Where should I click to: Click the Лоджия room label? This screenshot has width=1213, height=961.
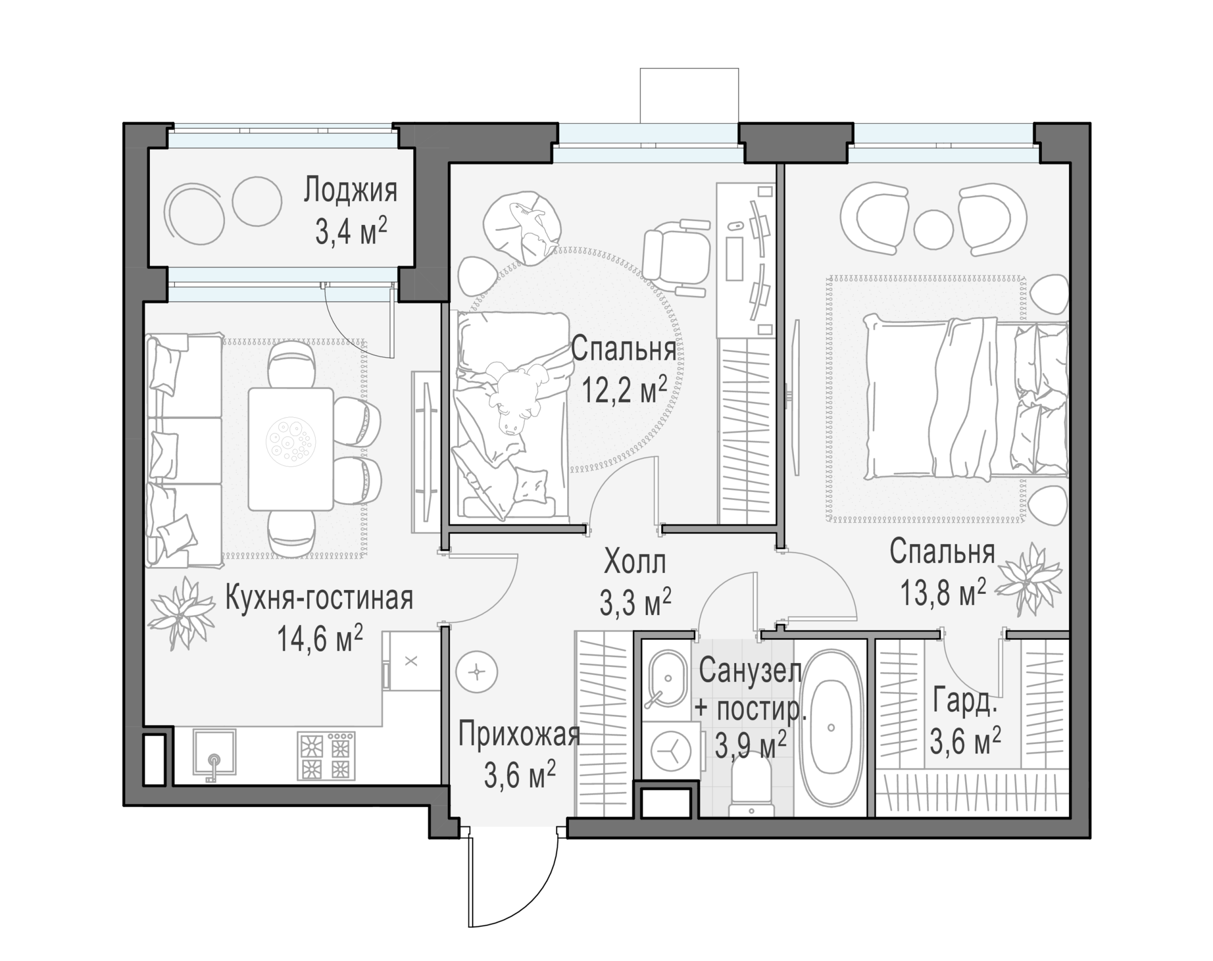[x=350, y=191]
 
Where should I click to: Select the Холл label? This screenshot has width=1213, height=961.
[x=635, y=562]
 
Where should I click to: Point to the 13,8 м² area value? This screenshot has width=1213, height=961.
[x=943, y=592]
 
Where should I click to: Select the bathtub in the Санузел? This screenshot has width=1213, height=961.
[x=831, y=728]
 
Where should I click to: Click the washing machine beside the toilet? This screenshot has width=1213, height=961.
[x=670, y=751]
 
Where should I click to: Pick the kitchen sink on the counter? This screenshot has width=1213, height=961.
[x=214, y=753]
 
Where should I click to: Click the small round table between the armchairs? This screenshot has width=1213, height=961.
[x=933, y=228]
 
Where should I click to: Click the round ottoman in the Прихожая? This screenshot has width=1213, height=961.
[x=477, y=672]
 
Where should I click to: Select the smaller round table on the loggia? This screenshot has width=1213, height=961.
[x=257, y=202]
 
